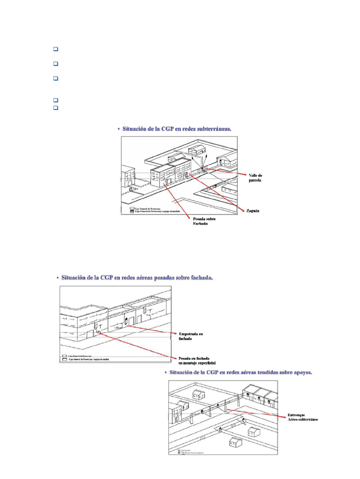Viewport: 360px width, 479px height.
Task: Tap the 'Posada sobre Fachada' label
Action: pyautogui.click(x=199, y=221)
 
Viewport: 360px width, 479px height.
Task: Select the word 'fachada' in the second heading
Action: pyautogui.click(x=199, y=278)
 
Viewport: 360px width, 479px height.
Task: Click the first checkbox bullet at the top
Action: pyautogui.click(x=55, y=49)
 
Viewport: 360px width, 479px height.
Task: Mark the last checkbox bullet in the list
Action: pyautogui.click(x=55, y=107)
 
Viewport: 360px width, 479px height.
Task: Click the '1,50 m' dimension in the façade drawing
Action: pyautogui.click(x=119, y=327)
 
